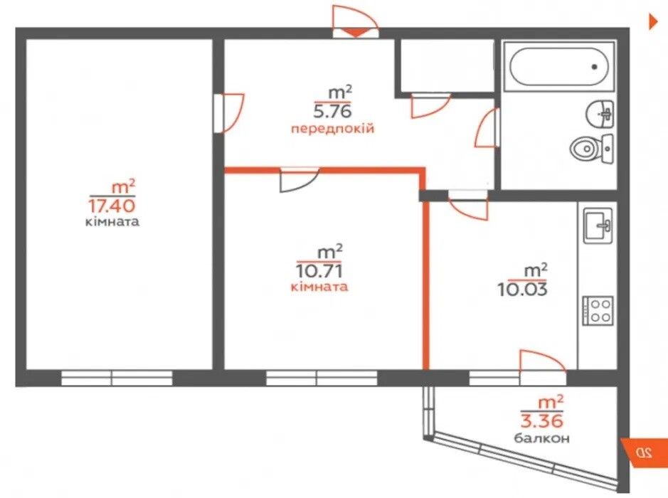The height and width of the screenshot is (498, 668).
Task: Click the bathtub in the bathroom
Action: [x=558, y=66]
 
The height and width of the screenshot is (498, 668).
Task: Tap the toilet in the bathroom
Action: [x=591, y=149]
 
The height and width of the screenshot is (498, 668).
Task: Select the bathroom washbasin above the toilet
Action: [x=600, y=114]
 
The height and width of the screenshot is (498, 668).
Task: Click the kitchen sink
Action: [x=598, y=226]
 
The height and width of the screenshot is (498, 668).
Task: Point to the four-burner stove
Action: [x=598, y=311]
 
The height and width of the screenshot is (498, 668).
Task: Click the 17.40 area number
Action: [x=112, y=206]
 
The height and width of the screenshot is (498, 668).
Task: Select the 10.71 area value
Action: [x=319, y=270]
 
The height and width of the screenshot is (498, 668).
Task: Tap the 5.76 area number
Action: [x=333, y=111]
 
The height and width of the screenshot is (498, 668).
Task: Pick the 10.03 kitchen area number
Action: [x=523, y=290]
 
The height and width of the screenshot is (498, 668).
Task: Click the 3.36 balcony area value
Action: [x=542, y=420]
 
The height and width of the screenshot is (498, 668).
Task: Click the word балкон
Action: [x=541, y=438]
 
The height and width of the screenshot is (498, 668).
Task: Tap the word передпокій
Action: [x=333, y=128]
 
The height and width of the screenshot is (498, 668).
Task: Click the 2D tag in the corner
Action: [x=643, y=452]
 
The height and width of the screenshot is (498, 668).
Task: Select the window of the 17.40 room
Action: [x=117, y=378]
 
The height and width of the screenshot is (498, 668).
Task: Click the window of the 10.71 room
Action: [x=322, y=378]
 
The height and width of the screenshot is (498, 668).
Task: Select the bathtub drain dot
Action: [x=594, y=66]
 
